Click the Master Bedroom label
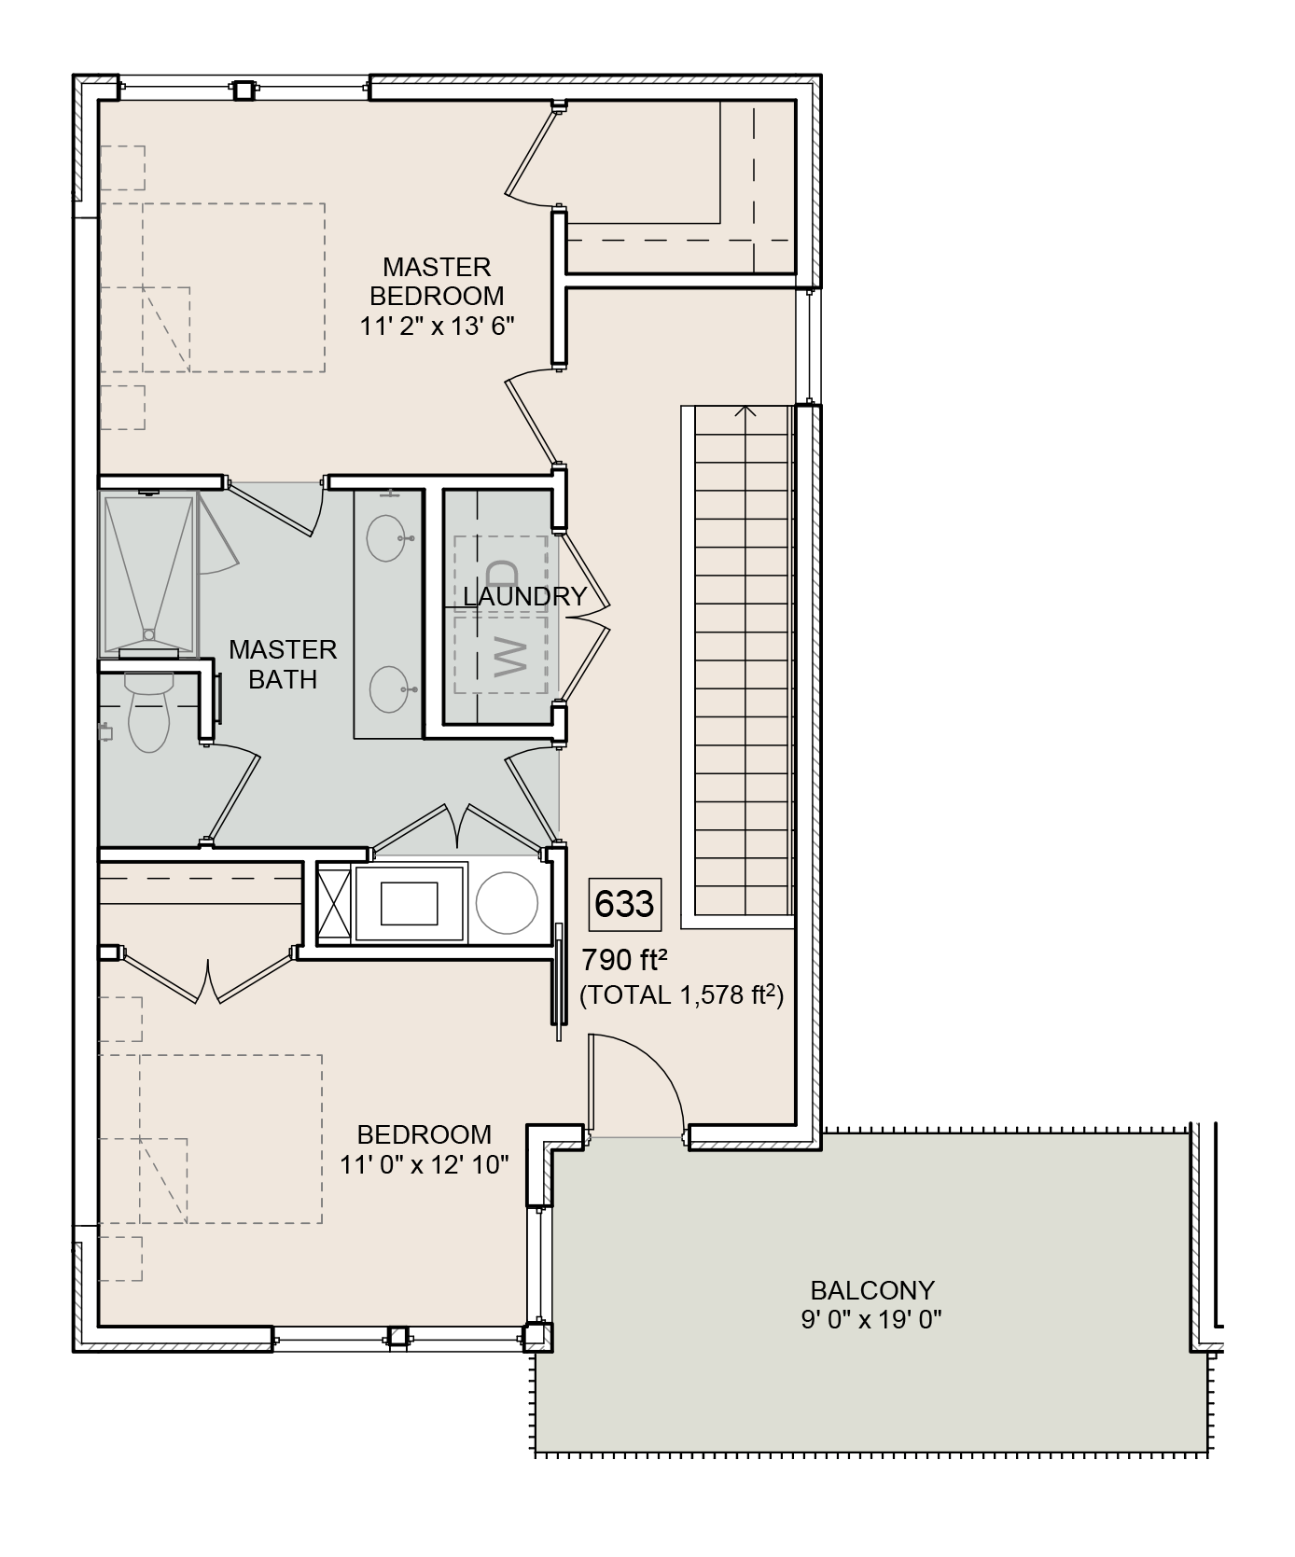tap(437, 282)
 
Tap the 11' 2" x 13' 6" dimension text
tap(437, 327)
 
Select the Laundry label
tap(524, 597)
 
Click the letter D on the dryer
tap(502, 572)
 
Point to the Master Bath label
tap(283, 664)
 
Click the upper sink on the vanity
tap(386, 537)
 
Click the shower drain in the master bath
tap(148, 634)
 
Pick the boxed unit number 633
tap(624, 904)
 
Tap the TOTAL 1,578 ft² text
tap(681, 995)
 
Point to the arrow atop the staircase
tap(745, 410)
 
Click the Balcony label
tap(872, 1290)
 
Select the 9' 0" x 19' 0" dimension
tap(871, 1320)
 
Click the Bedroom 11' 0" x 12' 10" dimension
tap(424, 1164)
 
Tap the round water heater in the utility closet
tap(507, 903)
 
